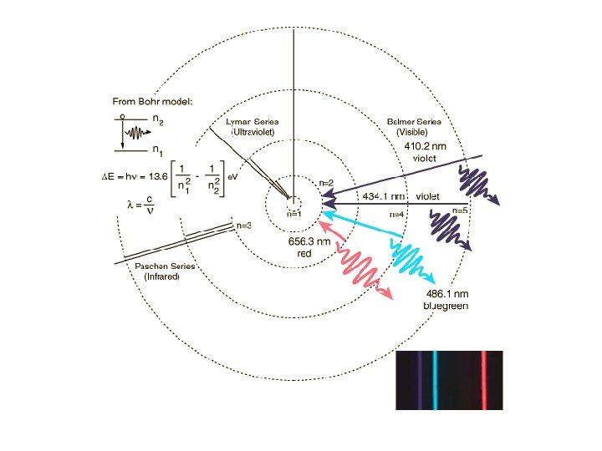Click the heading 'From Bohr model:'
coord(153,102)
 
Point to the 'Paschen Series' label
coord(165,266)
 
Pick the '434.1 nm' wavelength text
coord(384,196)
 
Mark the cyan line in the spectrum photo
coord(435,380)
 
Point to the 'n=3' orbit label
coord(243,225)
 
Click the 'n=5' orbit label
coord(459,210)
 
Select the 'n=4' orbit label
coord(396,215)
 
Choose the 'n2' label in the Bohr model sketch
coord(157,120)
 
